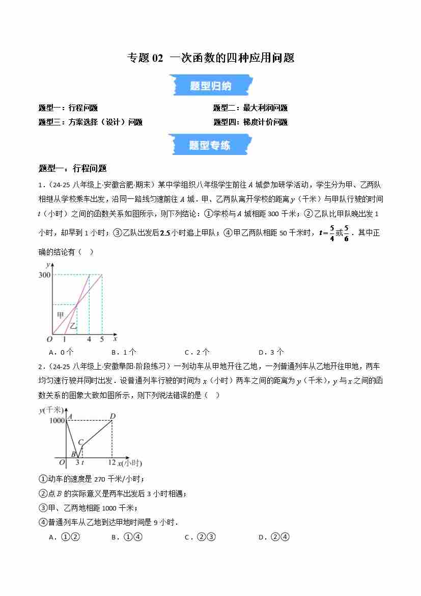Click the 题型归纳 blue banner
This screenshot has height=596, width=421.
210,86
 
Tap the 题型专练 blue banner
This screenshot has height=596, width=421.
210,145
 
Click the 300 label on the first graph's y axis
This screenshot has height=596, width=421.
44,275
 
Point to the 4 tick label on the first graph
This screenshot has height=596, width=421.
89,339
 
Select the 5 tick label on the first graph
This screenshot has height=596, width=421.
102,339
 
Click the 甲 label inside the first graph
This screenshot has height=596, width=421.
60,315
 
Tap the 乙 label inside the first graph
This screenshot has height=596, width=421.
73,326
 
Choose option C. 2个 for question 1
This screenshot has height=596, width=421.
197,352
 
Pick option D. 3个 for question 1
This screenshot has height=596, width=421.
271,352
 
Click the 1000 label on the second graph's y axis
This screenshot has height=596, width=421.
58,420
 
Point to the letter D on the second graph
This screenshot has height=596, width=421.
113,416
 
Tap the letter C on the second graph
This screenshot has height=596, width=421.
80,442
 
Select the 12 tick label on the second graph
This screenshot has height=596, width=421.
112,462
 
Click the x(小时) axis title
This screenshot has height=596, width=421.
129,463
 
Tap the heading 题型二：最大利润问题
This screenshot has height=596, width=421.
250,108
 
